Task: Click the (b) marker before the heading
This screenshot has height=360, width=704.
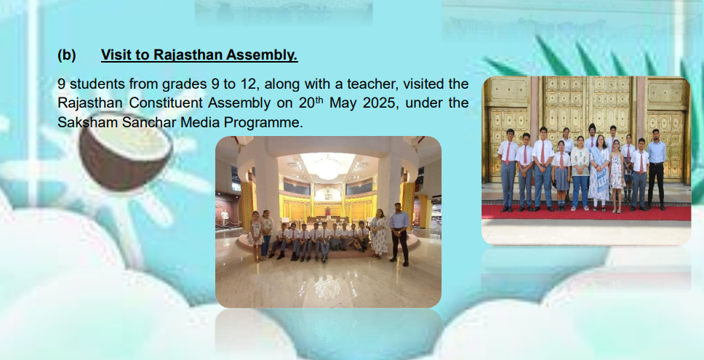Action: click(x=66, y=55)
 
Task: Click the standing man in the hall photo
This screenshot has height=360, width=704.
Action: click(x=399, y=234)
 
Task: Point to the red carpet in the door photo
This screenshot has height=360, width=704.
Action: click(x=586, y=212)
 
